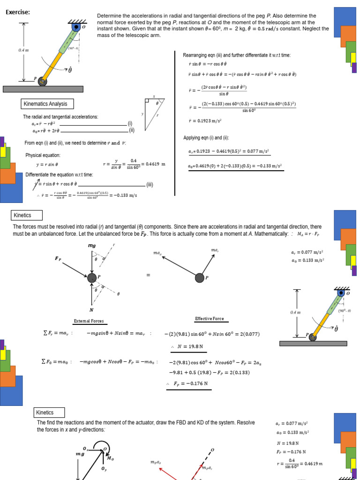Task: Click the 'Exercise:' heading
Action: pos(18,12)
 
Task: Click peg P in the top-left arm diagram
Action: pos(43,82)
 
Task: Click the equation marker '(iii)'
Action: pos(150,185)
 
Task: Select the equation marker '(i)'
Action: pos(130,123)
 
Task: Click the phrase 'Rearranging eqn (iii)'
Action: pos(202,55)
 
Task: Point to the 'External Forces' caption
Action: pos(89,321)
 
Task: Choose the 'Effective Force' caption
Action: pos(209,319)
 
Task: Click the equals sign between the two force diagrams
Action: pos(148,275)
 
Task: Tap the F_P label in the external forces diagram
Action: pos(58,258)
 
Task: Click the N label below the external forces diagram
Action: pos(91,310)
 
